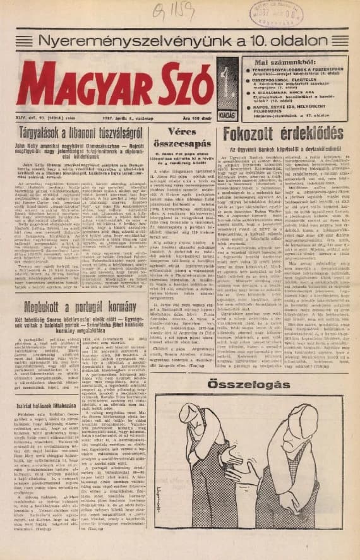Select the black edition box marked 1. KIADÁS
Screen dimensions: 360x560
coord(227,88)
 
